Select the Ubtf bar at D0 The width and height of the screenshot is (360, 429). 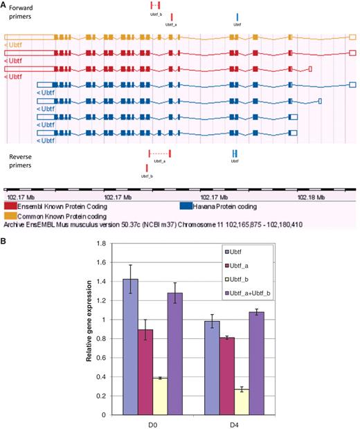132,347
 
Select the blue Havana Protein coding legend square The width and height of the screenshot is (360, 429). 186,206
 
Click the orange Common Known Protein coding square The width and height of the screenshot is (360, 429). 11,215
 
